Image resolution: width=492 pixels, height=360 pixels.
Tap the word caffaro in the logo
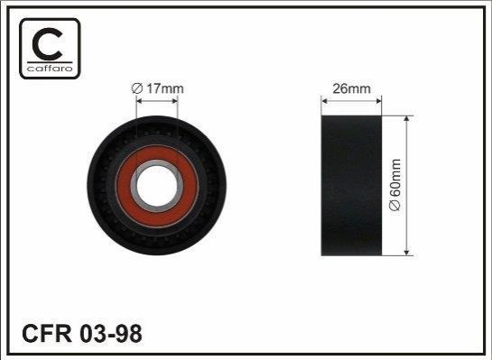point(50,69)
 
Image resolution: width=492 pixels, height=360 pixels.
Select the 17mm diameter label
point(157,88)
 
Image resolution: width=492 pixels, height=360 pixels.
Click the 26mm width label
point(351,88)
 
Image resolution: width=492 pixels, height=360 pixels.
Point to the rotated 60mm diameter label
point(395,185)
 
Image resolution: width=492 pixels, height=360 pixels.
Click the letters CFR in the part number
point(47,333)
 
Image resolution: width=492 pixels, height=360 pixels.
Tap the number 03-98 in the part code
point(111,333)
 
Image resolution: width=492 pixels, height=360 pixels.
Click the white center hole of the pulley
point(157,186)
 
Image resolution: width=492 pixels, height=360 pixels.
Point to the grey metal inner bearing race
point(157,162)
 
